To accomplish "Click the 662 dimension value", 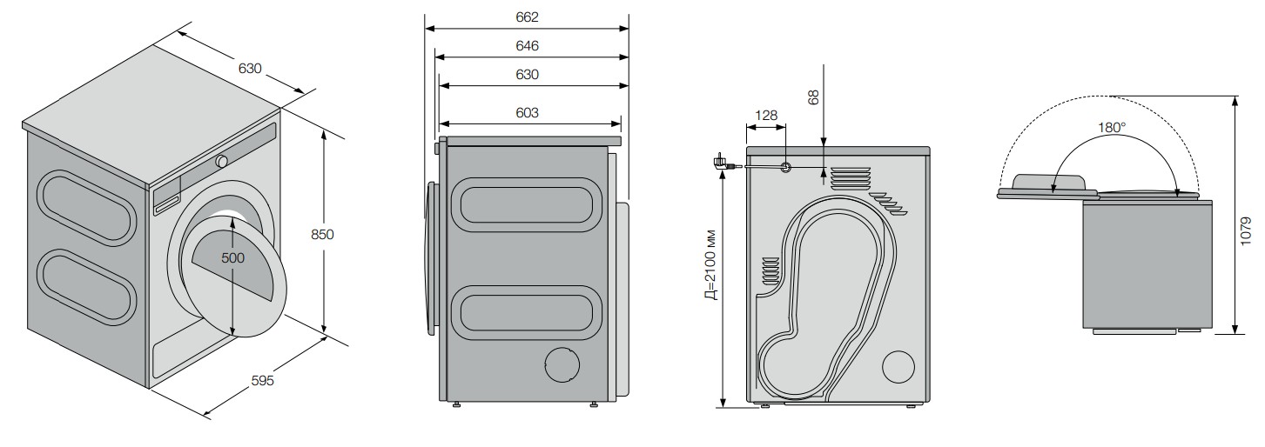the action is coord(527,17).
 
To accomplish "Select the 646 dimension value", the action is coord(527,46).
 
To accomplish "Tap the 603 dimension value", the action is coord(527,113).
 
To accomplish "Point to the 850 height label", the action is coord(322,234).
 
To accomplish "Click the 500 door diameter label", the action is coord(232,258).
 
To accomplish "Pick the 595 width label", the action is coord(262,380).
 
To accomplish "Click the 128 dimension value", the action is coord(766,115).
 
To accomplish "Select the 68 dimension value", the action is coord(813,97).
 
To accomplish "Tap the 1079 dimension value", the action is coord(1246,230).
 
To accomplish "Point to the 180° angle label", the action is coord(1112,128).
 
